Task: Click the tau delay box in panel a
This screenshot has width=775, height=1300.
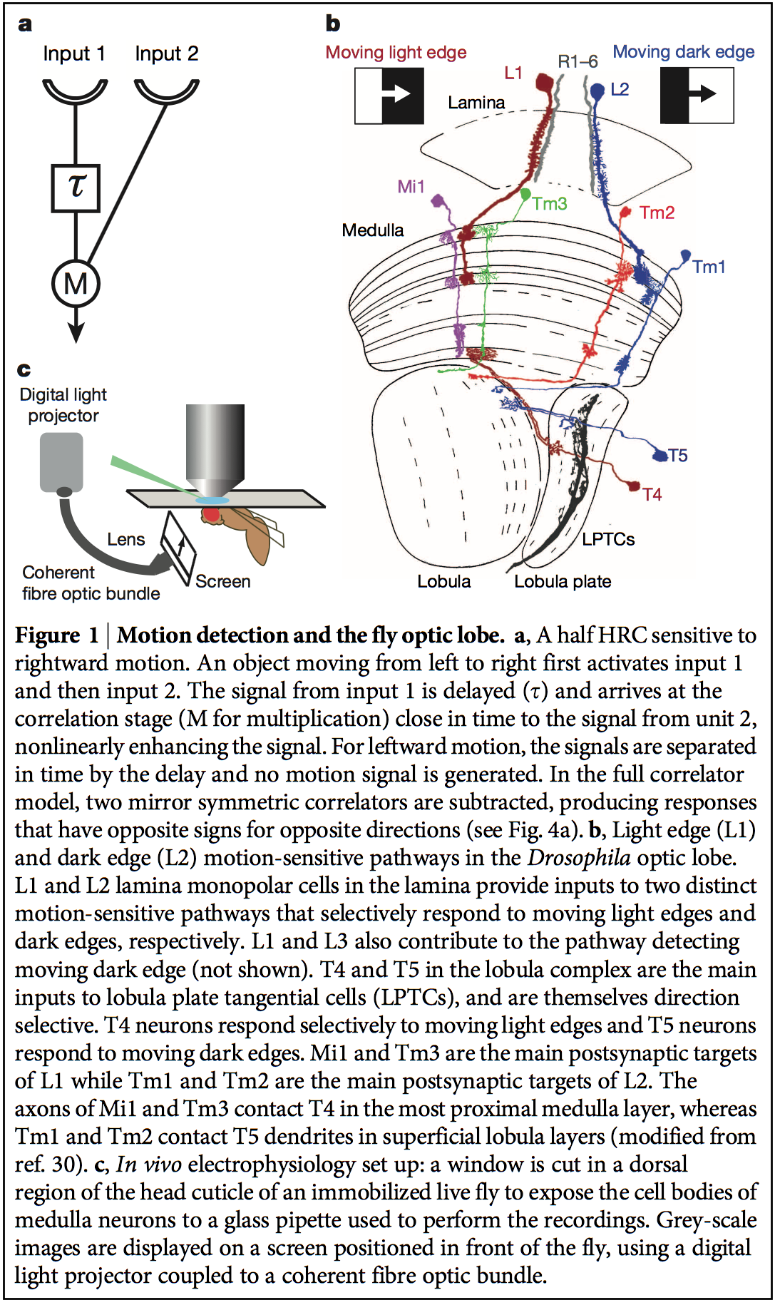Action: (x=76, y=188)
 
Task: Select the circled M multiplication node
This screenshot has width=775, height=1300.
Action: (x=76, y=284)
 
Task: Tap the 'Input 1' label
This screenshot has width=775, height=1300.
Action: (x=73, y=54)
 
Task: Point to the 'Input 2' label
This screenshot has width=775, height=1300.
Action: (x=166, y=54)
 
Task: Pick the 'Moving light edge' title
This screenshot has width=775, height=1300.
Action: (x=396, y=53)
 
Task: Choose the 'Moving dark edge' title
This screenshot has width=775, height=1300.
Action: (x=683, y=52)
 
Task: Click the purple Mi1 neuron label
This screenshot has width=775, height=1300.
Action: (x=411, y=187)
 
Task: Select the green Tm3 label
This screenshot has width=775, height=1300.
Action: (x=550, y=204)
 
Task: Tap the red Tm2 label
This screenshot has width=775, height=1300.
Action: (x=657, y=213)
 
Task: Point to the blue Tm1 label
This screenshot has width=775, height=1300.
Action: (x=709, y=267)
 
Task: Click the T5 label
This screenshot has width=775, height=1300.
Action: (x=678, y=456)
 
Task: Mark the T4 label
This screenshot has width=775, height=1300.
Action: (x=652, y=495)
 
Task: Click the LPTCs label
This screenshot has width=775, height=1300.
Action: (x=608, y=540)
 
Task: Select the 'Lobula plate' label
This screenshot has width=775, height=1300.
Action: (x=563, y=582)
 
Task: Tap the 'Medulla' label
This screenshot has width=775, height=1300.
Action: (x=372, y=230)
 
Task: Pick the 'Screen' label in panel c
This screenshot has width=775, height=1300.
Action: (x=223, y=582)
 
